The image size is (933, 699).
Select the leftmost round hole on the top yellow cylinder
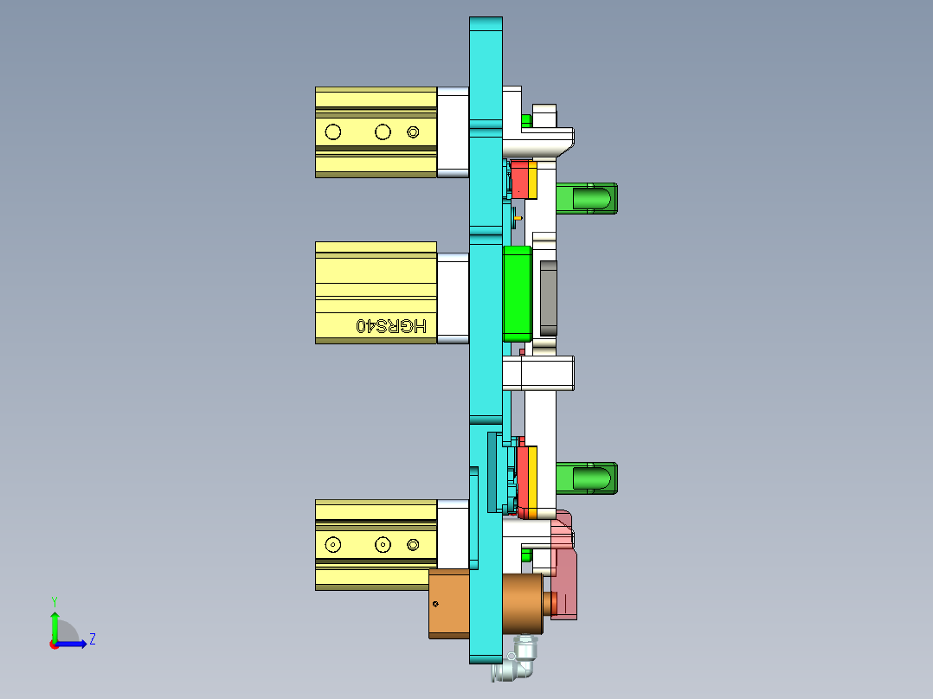(331, 132)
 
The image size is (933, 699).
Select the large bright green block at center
(517, 292)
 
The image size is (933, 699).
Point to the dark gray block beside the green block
(548, 298)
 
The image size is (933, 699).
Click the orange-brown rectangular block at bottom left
(448, 604)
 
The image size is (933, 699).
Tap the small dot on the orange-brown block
(436, 603)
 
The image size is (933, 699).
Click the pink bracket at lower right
(565, 571)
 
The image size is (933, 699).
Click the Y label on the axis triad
(55, 600)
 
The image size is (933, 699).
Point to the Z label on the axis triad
(93, 639)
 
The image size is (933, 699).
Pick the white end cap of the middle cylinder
(453, 298)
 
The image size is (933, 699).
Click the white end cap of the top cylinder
(453, 131)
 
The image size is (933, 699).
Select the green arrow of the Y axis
(55, 624)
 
